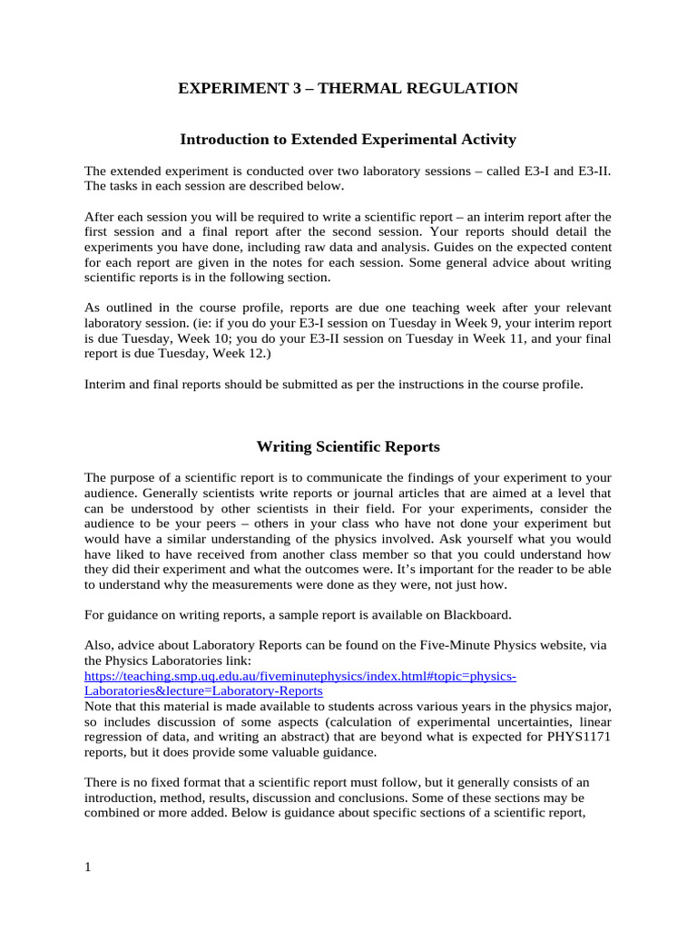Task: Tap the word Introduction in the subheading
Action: [223, 139]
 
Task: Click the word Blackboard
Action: [477, 615]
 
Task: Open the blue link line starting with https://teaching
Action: [300, 676]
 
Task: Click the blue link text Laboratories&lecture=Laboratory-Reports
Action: [203, 690]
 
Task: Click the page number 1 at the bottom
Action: [88, 867]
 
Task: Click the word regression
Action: [117, 736]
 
